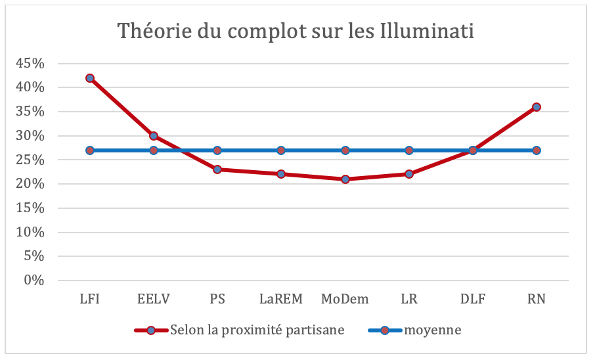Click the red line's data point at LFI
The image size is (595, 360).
tap(90, 78)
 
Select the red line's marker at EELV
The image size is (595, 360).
tap(154, 136)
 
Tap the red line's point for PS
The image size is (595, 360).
tap(217, 169)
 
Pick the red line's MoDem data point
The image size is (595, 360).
tap(345, 179)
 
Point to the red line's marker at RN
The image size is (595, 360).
tap(537, 106)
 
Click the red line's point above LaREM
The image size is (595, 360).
tap(281, 174)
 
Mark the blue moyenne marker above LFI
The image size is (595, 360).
tap(90, 150)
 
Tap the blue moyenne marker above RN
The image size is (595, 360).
tap(537, 150)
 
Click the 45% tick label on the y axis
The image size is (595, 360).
tap(30, 64)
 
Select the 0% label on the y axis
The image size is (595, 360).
tap(33, 281)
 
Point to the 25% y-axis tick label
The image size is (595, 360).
tap(30, 160)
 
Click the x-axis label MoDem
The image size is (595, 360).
tap(345, 300)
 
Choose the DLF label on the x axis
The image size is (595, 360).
tap(473, 300)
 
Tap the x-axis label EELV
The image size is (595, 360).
tap(154, 300)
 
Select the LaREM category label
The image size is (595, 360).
tap(281, 300)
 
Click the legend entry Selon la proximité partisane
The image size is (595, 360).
tap(256, 330)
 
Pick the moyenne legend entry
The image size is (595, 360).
tap(431, 330)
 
